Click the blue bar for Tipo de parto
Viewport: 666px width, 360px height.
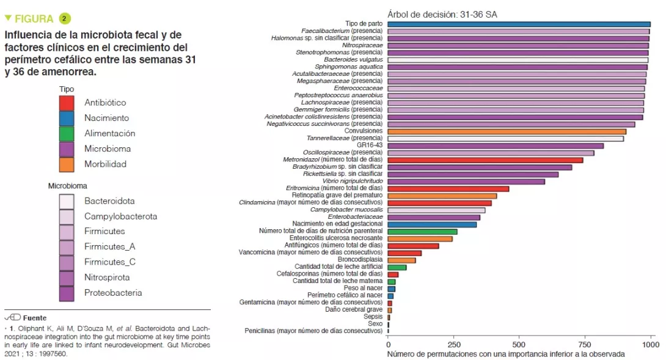[x=519, y=24]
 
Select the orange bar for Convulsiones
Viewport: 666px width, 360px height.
[x=507, y=131]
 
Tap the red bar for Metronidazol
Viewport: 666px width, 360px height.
[x=485, y=160]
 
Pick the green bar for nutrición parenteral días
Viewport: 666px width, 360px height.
[x=422, y=231]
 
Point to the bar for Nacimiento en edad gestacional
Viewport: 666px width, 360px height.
[x=432, y=224]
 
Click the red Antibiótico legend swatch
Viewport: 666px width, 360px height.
[x=67, y=103]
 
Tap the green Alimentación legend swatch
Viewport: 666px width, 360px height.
[x=67, y=133]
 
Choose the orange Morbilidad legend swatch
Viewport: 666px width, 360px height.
[x=67, y=164]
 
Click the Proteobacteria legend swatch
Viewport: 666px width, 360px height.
[x=67, y=293]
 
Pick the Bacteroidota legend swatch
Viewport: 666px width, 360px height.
[x=67, y=201]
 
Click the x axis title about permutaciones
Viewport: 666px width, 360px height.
[x=506, y=354]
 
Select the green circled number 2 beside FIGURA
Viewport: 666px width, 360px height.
[x=65, y=19]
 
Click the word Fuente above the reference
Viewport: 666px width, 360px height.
[x=35, y=318]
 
